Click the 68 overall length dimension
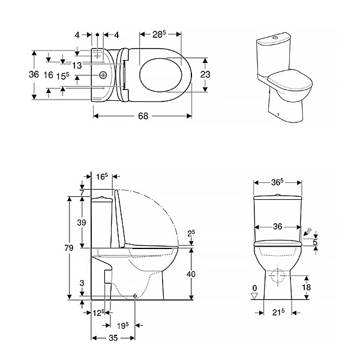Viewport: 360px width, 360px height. click(x=143, y=116)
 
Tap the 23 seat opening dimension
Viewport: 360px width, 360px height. click(x=205, y=74)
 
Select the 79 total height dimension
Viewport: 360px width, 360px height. click(x=69, y=248)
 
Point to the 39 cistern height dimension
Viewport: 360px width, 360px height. click(x=82, y=223)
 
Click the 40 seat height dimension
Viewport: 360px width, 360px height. click(x=191, y=274)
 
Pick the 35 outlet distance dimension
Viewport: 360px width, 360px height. click(x=113, y=338)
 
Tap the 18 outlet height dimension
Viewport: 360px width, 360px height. click(x=306, y=287)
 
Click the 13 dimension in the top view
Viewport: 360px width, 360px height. click(x=77, y=65)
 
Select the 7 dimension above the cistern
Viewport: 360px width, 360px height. click(x=82, y=193)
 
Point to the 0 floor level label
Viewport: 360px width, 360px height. click(x=254, y=288)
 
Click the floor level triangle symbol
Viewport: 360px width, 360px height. click(x=254, y=296)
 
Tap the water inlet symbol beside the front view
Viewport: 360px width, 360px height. click(x=307, y=232)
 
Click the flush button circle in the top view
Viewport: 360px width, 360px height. click(x=103, y=74)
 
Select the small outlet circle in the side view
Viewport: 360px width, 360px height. click(x=135, y=296)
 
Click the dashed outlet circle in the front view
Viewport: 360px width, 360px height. click(x=278, y=275)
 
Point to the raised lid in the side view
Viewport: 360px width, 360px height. click(x=119, y=218)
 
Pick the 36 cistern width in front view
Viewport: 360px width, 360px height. click(x=278, y=227)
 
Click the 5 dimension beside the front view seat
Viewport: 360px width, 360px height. click(x=316, y=242)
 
